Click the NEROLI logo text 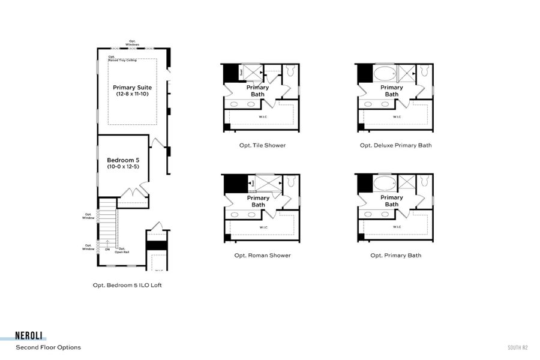click(x=31, y=337)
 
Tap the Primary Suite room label click(x=132, y=88)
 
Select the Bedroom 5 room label click(x=123, y=160)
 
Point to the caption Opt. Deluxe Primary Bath click(x=395, y=145)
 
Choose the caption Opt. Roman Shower click(x=262, y=255)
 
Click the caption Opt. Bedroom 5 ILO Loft click(x=127, y=286)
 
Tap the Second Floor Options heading click(x=48, y=347)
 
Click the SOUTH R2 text click(x=517, y=347)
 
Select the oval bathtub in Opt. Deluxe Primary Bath click(x=385, y=74)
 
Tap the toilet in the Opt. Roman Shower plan click(x=291, y=182)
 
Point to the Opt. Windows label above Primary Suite click(x=133, y=43)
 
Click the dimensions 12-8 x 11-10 click(x=132, y=94)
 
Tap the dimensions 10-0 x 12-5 click(x=123, y=167)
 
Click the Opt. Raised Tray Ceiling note click(x=122, y=59)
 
